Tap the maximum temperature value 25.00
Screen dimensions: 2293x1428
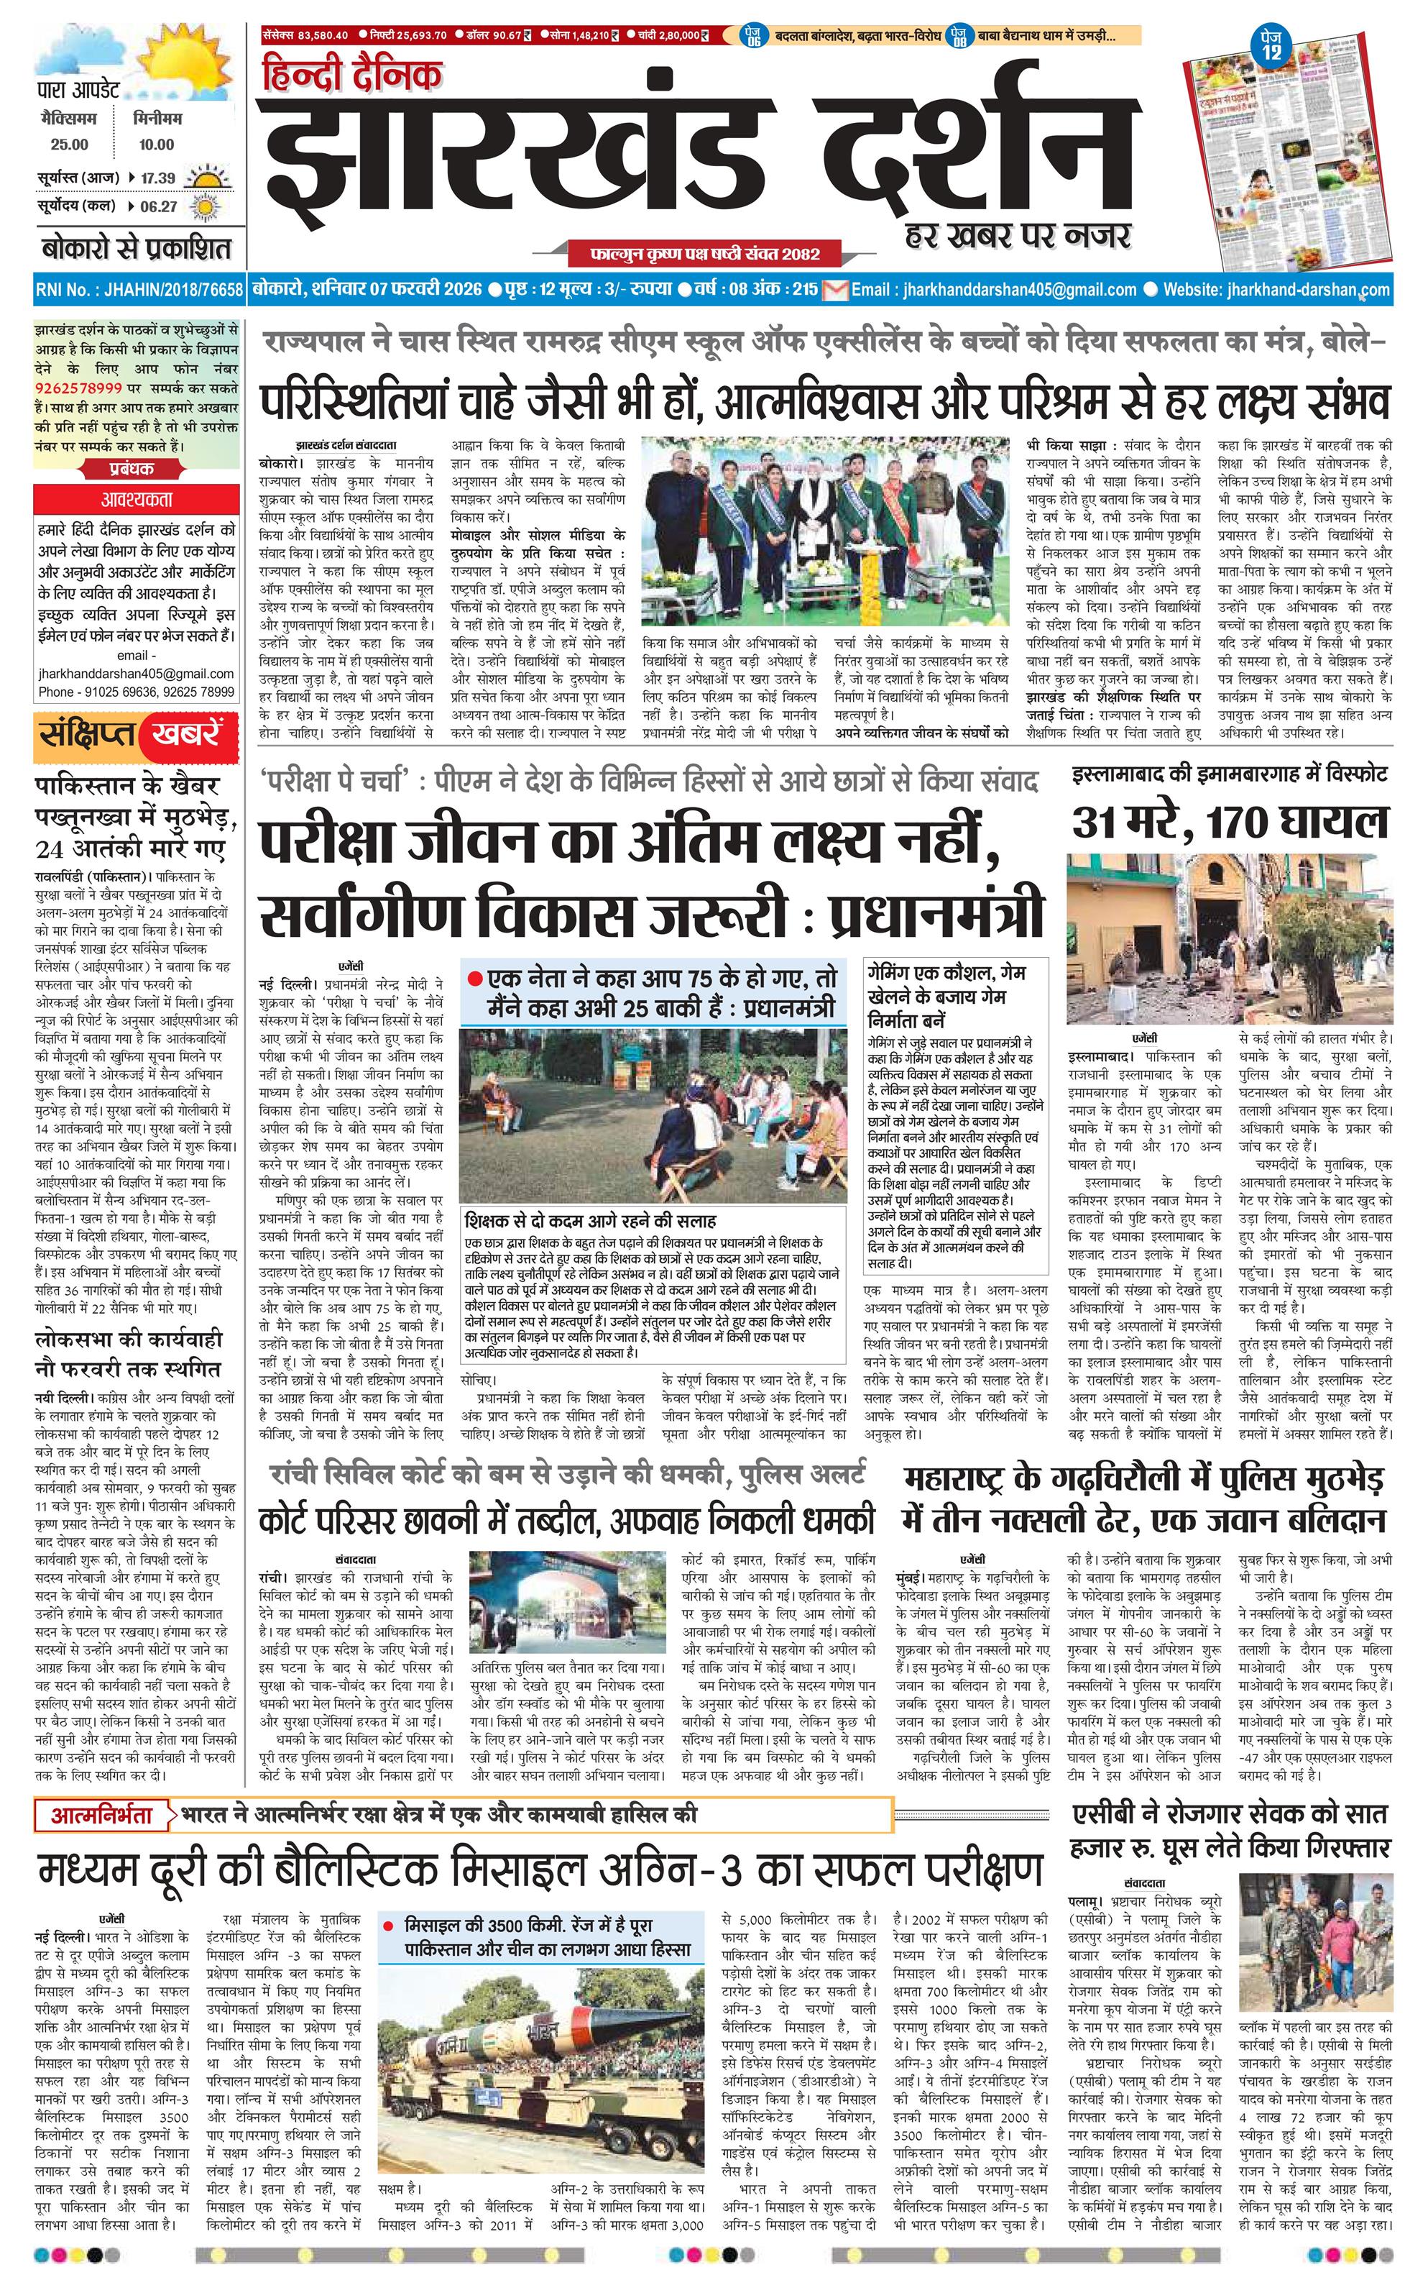(x=69, y=145)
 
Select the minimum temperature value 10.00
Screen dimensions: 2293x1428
(x=156, y=145)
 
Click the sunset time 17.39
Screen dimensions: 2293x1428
(x=157, y=178)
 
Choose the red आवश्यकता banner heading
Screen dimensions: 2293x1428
(x=137, y=499)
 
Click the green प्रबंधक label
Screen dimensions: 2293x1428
(x=132, y=467)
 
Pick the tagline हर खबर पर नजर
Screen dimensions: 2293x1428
(x=1018, y=234)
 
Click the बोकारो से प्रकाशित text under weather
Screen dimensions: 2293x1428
(x=136, y=250)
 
